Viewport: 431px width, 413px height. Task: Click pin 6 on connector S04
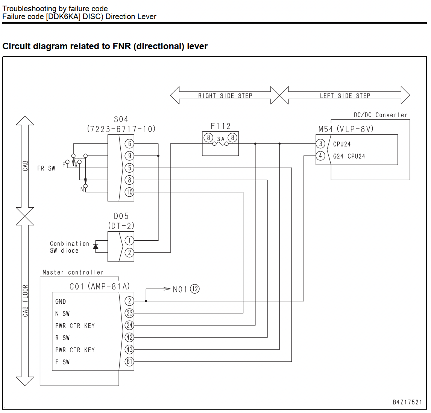click(x=129, y=143)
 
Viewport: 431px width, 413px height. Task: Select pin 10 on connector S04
click(x=129, y=192)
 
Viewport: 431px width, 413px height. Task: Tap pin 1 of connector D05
click(x=129, y=241)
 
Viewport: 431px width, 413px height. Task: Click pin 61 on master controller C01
click(x=129, y=362)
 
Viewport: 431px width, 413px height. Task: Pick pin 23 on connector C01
click(x=129, y=313)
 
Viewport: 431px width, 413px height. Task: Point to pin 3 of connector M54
click(x=320, y=143)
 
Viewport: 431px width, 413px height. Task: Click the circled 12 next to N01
click(x=195, y=289)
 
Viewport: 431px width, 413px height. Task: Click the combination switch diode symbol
click(x=96, y=246)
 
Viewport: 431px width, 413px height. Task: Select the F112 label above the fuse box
click(x=220, y=126)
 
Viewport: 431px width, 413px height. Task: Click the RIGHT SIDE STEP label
click(x=225, y=96)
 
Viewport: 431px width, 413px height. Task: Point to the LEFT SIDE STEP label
click(x=345, y=96)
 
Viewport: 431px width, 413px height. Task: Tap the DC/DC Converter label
click(x=381, y=115)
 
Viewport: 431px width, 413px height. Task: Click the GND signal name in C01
click(x=61, y=301)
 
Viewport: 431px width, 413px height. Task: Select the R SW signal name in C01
click(x=62, y=338)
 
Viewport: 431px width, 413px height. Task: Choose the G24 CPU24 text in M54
click(x=349, y=157)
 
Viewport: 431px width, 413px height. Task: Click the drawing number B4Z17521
click(x=407, y=402)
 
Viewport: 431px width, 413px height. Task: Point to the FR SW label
click(x=46, y=169)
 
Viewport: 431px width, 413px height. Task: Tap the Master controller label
click(x=73, y=273)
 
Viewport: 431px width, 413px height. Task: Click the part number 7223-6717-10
click(x=121, y=129)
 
